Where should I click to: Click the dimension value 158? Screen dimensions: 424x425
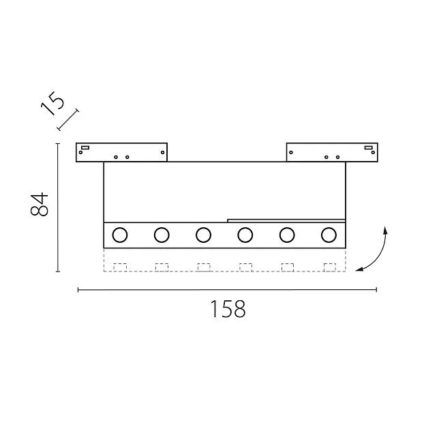228,309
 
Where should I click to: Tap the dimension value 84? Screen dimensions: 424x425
40,204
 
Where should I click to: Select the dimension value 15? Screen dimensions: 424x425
52,103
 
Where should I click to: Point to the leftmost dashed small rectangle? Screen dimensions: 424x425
120,267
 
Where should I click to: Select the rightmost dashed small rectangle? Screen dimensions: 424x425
330,267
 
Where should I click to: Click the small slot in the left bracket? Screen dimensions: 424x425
85,148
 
